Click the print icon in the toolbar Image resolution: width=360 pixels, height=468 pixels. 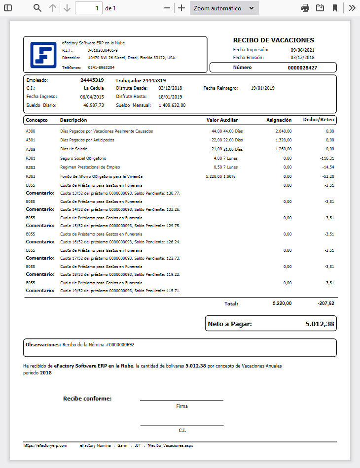pyautogui.click(x=305, y=8)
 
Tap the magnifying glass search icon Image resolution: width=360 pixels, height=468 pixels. pyautogui.click(x=37, y=8)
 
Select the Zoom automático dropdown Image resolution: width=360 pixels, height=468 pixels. pyautogui.click(x=224, y=8)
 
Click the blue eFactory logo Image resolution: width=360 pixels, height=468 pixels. pyautogui.click(x=43, y=54)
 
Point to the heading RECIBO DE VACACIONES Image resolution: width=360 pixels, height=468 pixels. pyautogui.click(x=273, y=40)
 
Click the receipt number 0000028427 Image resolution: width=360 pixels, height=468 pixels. pyautogui.click(x=302, y=67)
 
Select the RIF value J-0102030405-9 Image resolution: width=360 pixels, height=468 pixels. pyautogui.click(x=103, y=50)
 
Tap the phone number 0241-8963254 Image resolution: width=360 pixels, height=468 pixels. pyautogui.click(x=101, y=67)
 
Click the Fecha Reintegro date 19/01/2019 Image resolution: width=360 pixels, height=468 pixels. pyautogui.click(x=262, y=88)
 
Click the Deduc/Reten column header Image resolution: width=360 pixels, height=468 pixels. pyautogui.click(x=321, y=120)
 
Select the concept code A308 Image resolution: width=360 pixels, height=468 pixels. pyautogui.click(x=30, y=149)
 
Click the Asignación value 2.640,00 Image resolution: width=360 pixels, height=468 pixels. pyautogui.click(x=284, y=132)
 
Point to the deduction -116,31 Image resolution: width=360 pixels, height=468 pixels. pyautogui.click(x=326, y=158)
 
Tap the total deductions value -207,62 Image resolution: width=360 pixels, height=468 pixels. pyautogui.click(x=325, y=303)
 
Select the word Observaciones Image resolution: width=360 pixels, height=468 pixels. pyautogui.click(x=41, y=345)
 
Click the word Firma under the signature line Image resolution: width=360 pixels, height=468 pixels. pyautogui.click(x=182, y=406)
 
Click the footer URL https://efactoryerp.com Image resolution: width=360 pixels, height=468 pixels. pyautogui.click(x=45, y=445)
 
